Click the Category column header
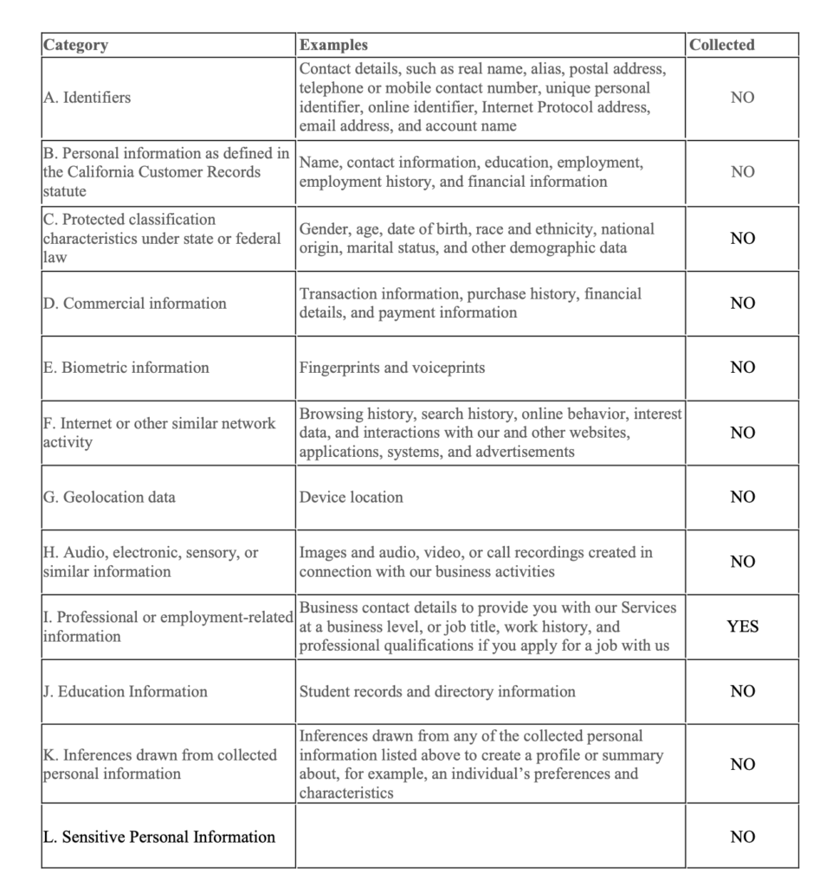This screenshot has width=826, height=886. (x=76, y=45)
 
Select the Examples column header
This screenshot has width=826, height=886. (x=333, y=45)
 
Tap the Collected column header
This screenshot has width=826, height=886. (x=722, y=45)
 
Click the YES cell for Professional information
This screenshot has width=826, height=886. (x=742, y=626)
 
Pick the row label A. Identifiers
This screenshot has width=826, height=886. (x=87, y=98)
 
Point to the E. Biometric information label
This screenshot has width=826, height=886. (x=126, y=368)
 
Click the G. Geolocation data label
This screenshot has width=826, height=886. (x=109, y=498)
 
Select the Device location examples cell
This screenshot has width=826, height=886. (x=352, y=498)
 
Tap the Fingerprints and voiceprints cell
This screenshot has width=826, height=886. (x=392, y=368)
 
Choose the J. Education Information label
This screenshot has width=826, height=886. (x=126, y=691)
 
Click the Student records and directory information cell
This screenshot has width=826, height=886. (x=437, y=691)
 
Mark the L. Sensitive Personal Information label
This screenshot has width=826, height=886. (x=159, y=837)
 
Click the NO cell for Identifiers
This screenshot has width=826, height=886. (x=742, y=98)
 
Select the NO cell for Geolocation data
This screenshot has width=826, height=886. (x=742, y=498)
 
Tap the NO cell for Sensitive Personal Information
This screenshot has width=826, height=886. (x=742, y=837)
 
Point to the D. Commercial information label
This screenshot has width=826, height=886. (x=135, y=304)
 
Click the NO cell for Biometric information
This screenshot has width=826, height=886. (x=742, y=368)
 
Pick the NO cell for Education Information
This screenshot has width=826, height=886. (x=742, y=691)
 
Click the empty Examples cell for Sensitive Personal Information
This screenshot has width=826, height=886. (x=490, y=837)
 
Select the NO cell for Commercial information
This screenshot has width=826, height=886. (x=742, y=304)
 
